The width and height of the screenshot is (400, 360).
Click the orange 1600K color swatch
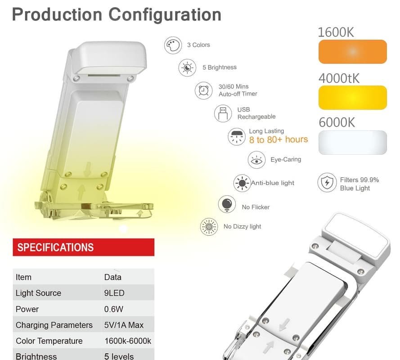[353, 52]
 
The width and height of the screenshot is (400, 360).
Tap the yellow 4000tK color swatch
[353, 98]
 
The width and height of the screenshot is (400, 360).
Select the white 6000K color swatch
[353, 142]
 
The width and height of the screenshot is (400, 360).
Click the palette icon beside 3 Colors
[173, 45]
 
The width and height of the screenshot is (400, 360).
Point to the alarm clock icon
[203, 90]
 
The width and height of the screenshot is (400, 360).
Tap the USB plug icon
[223, 113]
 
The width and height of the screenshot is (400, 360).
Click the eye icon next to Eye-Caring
[256, 160]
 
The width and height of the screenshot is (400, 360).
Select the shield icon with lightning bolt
[327, 182]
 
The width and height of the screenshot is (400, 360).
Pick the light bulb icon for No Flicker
[227, 204]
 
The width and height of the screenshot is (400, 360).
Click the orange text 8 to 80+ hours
[279, 139]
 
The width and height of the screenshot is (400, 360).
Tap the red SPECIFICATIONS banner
[83, 247]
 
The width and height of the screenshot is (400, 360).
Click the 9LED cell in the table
[114, 293]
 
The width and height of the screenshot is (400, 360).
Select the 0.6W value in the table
[113, 309]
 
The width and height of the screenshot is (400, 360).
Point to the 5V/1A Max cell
[124, 325]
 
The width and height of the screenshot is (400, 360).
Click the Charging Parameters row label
[54, 325]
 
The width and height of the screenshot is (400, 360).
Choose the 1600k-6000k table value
[127, 341]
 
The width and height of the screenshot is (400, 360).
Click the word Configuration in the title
[165, 15]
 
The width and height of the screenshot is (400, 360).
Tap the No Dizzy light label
[242, 226]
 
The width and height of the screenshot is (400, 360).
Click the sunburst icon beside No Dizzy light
[209, 226]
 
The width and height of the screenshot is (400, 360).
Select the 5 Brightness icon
[187, 67]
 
